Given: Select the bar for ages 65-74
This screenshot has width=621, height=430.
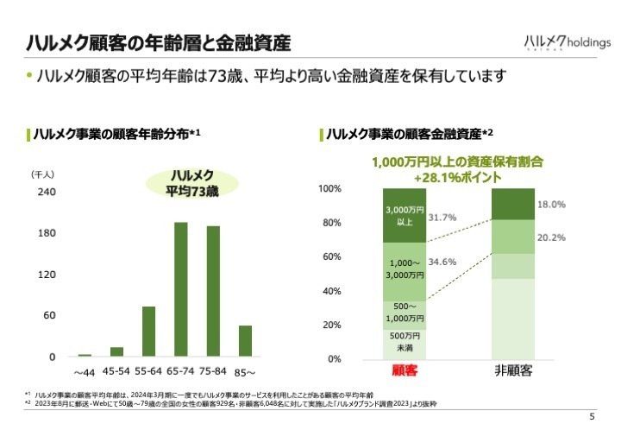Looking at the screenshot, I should coord(181,289).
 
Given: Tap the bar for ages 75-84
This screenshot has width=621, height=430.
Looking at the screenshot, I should coord(213,291).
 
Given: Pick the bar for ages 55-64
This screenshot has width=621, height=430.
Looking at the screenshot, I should coord(148,331).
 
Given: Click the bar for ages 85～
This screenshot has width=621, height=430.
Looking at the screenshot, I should coord(245,340).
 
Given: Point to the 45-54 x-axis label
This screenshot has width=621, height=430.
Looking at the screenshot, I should coord(116,372).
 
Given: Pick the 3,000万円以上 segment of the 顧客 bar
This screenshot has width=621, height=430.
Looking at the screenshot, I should coord(405,215).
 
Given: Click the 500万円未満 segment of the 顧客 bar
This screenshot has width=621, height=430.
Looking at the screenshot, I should coord(405,343).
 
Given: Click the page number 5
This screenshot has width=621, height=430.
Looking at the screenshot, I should coord(592,416).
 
